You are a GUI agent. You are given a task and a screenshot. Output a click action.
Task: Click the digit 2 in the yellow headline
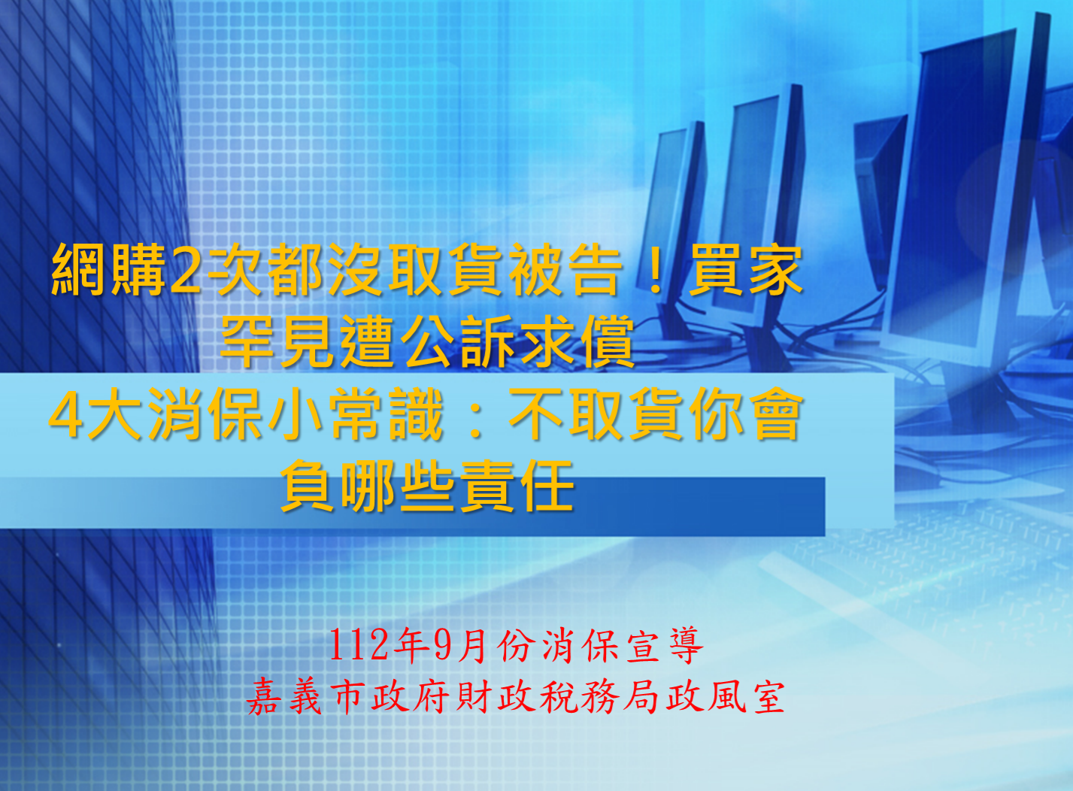[184, 271]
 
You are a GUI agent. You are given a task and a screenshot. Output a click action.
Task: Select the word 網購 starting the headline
[109, 270]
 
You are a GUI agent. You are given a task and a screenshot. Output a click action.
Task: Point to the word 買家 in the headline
[745, 270]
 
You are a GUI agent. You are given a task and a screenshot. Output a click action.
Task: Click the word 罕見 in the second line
[277, 341]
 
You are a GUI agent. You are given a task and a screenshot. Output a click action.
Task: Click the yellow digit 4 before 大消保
[65, 414]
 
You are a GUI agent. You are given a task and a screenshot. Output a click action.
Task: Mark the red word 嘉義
[284, 697]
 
